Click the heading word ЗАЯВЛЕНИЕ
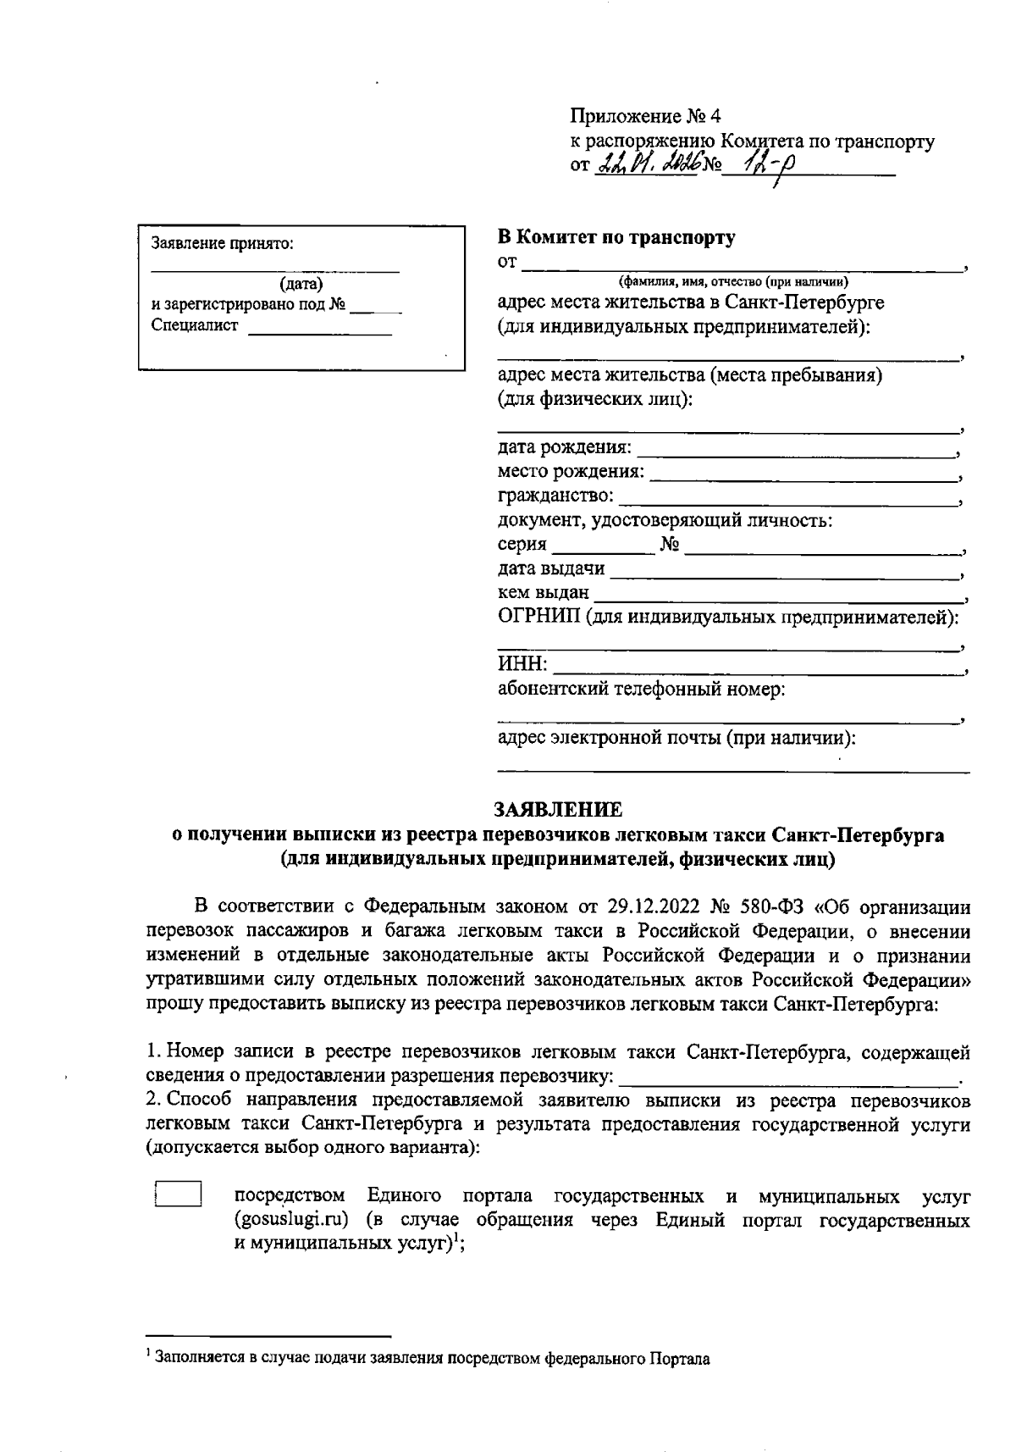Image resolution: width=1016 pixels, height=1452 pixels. click(x=558, y=809)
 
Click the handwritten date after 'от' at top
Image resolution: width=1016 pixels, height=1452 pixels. click(x=643, y=165)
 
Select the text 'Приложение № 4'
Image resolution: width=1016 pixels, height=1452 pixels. click(x=645, y=115)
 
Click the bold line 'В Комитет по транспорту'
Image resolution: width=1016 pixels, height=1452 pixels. click(x=616, y=238)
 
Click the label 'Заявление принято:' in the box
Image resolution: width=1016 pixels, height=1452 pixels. click(x=222, y=244)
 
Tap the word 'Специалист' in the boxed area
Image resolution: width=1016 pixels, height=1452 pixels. click(x=195, y=325)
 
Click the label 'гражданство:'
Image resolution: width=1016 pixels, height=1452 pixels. click(x=555, y=496)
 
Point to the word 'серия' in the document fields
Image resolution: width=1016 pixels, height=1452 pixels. click(x=522, y=545)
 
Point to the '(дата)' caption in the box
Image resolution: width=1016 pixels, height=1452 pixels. click(x=301, y=285)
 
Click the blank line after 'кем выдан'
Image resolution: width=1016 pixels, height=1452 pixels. click(x=775, y=595)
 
